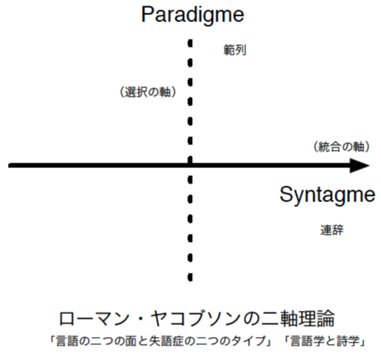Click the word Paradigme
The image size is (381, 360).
coord(193,15)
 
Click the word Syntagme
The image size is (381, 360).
coord(327,196)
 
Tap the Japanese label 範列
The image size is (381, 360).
coord(235,50)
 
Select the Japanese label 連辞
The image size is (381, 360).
coord(332,230)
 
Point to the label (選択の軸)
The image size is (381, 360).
coord(148,92)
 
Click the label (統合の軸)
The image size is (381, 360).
coord(341,147)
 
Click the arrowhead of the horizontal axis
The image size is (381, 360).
coord(360,166)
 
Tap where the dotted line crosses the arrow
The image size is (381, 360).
coord(190,166)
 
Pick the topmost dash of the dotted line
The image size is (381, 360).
coord(190,43)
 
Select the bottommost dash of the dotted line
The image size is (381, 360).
coord(190,277)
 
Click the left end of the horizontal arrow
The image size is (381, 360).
coord(9,166)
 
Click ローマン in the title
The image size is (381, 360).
coord(94,319)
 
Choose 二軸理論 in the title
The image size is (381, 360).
coord(298,319)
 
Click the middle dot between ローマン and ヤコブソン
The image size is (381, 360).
coord(140,319)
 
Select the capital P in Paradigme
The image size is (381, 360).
coord(148,14)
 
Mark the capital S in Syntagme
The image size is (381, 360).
coord(286,194)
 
